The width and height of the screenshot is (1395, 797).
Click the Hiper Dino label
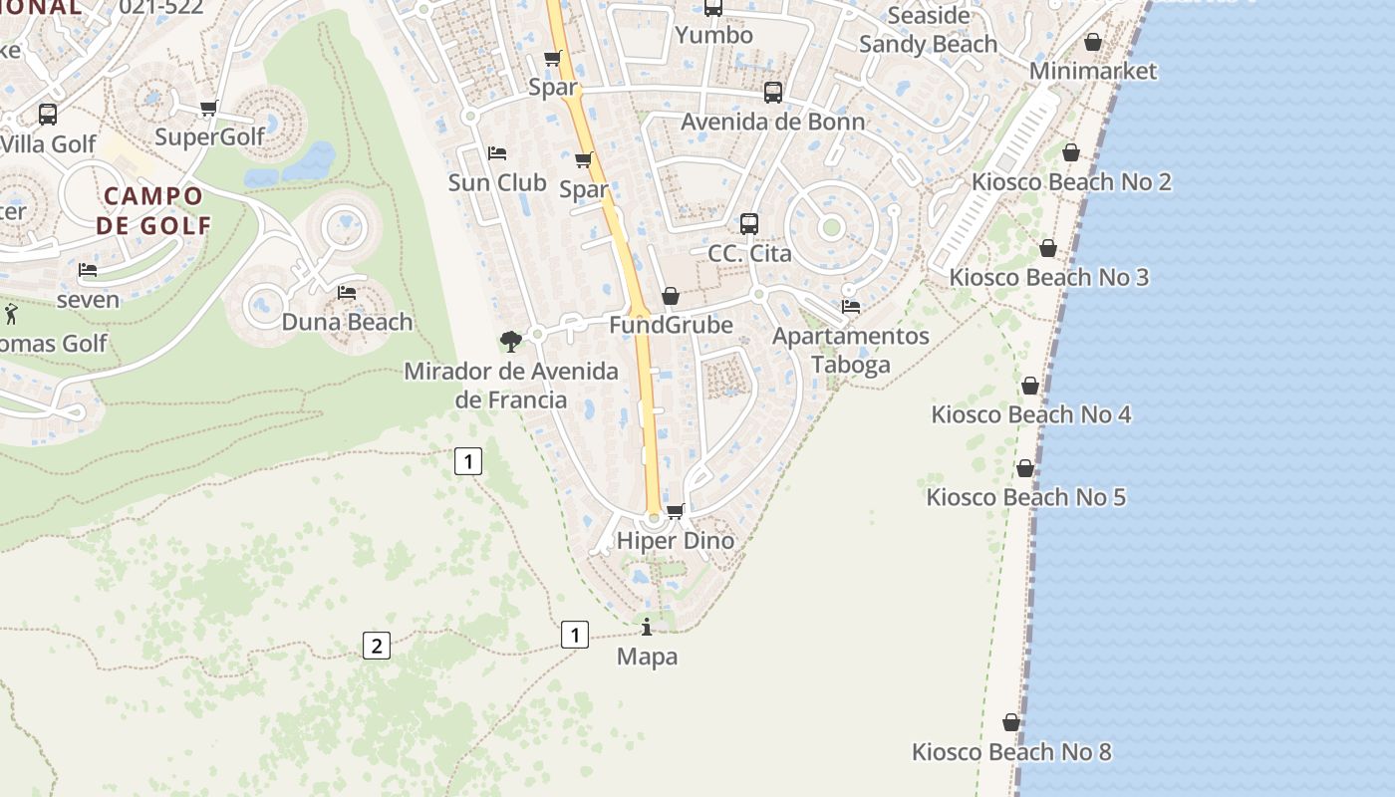tap(675, 541)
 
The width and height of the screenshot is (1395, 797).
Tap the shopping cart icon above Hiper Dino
tap(675, 511)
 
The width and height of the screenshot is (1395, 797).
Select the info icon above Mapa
tap(647, 627)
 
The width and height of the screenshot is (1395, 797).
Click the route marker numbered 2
tap(376, 646)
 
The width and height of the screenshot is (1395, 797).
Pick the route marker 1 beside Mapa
tap(574, 635)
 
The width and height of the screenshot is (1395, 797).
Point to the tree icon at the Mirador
tap(510, 342)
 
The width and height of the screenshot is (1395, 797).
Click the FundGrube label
tap(671, 326)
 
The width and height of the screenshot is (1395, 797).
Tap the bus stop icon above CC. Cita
tap(749, 224)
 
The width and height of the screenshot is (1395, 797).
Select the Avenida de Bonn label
tap(772, 123)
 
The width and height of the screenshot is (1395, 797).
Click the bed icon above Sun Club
tap(497, 153)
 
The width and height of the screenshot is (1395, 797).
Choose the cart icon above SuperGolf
tap(208, 108)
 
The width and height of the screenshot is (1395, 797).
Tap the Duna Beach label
tap(347, 322)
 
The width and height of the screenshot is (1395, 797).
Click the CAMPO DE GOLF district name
tap(153, 210)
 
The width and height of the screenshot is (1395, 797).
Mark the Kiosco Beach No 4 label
tap(1030, 414)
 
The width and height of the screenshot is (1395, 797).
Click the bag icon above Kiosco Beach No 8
tap(1011, 722)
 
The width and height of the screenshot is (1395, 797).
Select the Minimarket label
tap(1092, 71)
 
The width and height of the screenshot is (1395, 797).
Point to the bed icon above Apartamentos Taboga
tap(851, 306)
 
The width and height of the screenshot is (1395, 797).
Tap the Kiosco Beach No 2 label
tap(1070, 182)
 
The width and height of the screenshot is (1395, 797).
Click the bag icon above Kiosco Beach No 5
tap(1025, 468)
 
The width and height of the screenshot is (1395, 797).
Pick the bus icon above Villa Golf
tap(47, 115)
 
